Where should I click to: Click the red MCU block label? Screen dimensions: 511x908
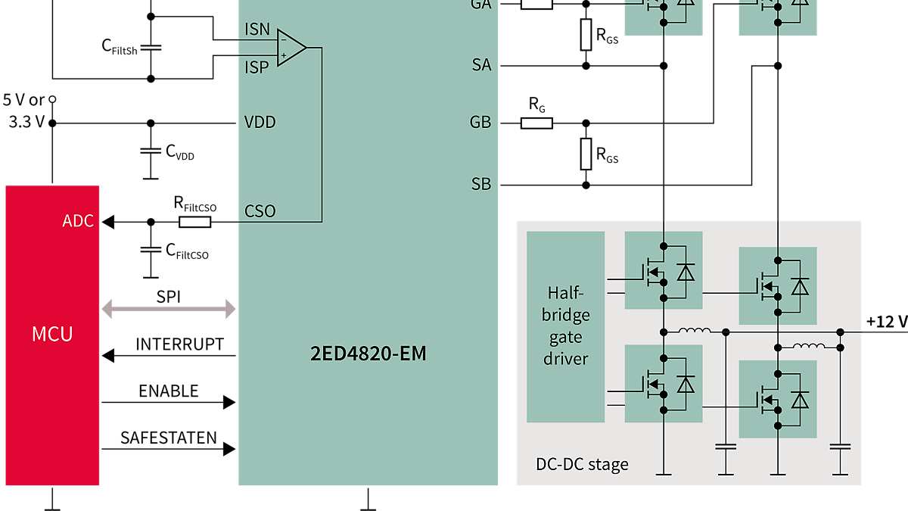pos(52,334)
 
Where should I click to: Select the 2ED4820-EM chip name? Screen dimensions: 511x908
pos(368,353)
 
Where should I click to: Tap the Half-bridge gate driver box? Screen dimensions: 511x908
pos(565,326)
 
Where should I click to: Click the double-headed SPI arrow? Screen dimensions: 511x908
pos(169,308)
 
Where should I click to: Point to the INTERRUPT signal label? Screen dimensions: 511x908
pos(179,344)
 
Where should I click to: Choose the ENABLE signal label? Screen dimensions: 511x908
pos(168,391)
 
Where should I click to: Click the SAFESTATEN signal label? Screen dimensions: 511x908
pos(168,438)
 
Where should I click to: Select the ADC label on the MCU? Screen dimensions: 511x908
pos(79,221)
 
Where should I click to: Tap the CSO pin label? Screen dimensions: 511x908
pos(260,210)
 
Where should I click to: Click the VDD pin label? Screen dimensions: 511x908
pos(260,123)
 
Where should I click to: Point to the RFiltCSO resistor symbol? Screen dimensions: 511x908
pos(194,222)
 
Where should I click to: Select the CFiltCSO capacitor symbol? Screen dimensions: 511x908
pos(151,249)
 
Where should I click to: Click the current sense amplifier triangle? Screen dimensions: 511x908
pos(290,48)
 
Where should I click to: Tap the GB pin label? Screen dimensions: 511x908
pos(480,123)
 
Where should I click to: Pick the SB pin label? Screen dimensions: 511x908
pos(480,185)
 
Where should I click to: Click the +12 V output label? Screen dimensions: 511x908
pos(886,322)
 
